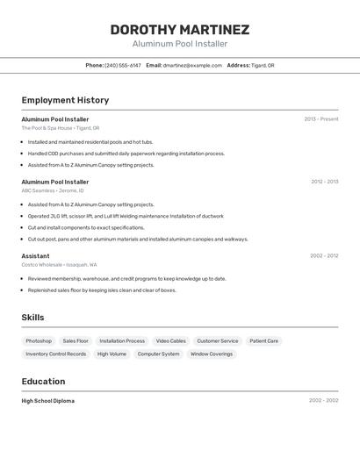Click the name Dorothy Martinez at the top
179,30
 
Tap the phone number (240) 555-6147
122,65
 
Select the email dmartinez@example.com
192,65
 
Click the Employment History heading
65,100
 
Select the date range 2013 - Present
321,119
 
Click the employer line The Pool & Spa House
61,128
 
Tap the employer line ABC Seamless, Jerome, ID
53,190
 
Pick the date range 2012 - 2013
324,182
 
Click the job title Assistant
35,256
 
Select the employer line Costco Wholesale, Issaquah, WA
59,265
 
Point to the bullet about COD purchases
126,154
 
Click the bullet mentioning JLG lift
126,216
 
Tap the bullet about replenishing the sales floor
102,290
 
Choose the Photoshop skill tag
39,341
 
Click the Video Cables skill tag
171,341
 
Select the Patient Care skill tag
263,341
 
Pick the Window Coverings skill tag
212,354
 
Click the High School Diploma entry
48,401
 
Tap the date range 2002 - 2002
323,401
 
